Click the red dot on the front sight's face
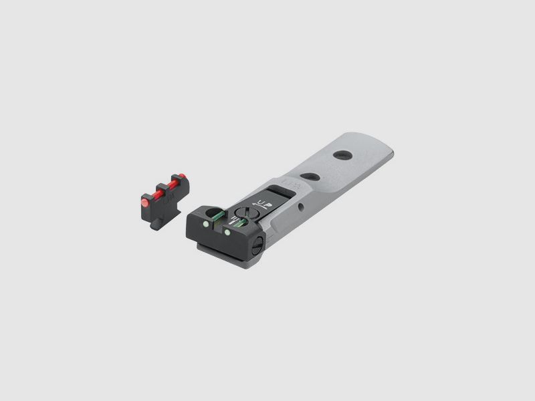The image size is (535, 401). pyautogui.click(x=144, y=200)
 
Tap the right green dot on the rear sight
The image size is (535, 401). pyautogui.click(x=229, y=232)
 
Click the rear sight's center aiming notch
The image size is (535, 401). pyautogui.click(x=215, y=226)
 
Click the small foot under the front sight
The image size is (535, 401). pyautogui.click(x=155, y=223)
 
